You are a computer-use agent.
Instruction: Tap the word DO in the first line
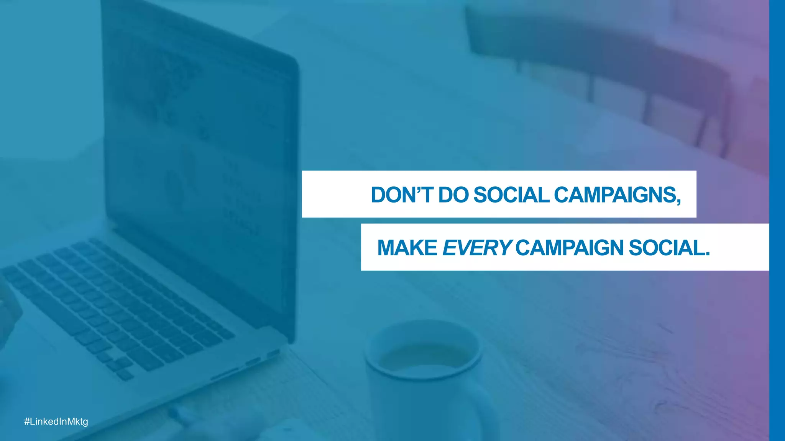tap(453, 195)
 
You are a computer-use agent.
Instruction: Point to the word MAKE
tap(407, 248)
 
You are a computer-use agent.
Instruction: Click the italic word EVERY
tap(476, 248)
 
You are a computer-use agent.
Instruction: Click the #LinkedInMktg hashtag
tap(56, 421)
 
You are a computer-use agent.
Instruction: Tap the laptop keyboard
tap(115, 302)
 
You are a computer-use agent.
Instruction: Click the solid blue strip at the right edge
tap(777, 220)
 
